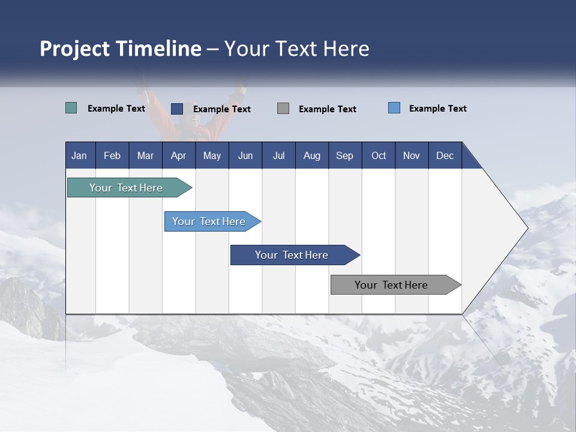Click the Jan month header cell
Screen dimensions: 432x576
coord(79,155)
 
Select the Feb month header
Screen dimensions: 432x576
coord(112,155)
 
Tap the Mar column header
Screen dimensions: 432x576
coord(145,155)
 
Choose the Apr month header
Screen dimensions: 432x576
coord(178,155)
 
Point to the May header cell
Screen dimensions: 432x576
coord(212,155)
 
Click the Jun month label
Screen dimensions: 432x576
coord(245,155)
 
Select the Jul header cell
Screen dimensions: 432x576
coord(278,155)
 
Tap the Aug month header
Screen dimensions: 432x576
coord(311,155)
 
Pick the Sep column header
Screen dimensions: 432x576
coord(344,155)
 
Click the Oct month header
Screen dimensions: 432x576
coord(379,155)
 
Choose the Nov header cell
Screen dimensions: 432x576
coord(412,155)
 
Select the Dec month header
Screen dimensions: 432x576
coord(445,155)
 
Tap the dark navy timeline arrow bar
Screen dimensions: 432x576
coord(292,255)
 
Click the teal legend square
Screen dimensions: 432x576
coord(71,108)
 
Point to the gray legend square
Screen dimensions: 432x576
coord(283,108)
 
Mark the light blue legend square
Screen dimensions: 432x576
coord(394,108)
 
